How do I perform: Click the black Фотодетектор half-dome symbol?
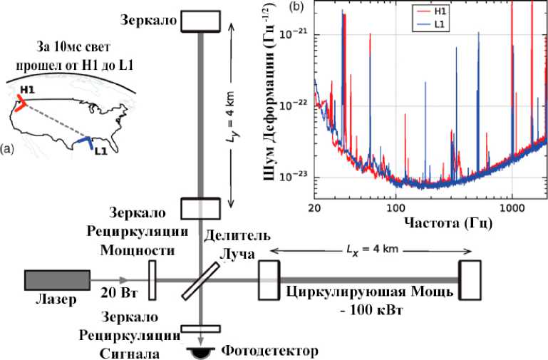[201, 353]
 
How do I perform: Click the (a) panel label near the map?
[8, 149]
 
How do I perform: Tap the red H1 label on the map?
[27, 90]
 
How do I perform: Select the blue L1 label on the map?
[100, 151]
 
